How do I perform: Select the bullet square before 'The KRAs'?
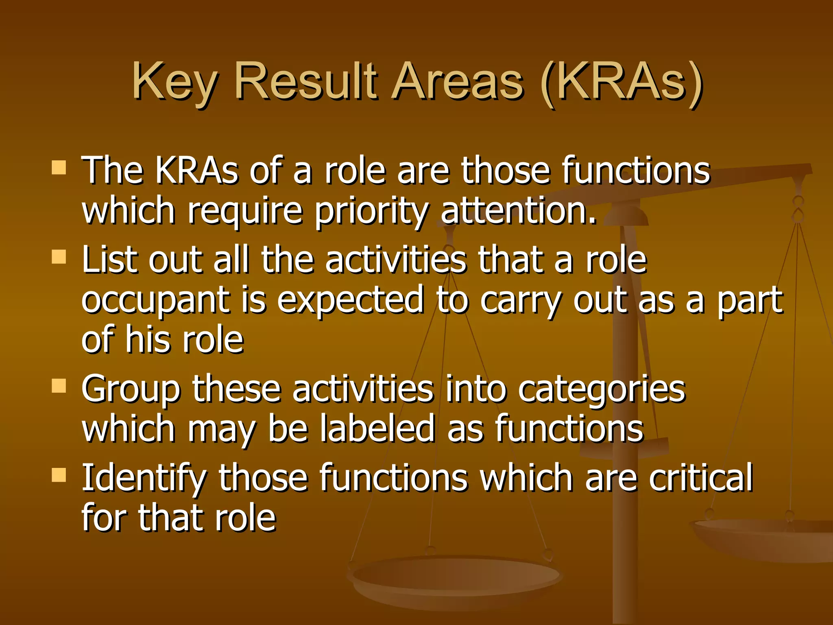(59, 167)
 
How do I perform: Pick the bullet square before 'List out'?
(59, 257)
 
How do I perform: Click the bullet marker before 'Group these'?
(59, 385)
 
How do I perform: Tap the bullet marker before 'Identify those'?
(59, 474)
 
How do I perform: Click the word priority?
(371, 212)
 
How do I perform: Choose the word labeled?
(377, 428)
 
